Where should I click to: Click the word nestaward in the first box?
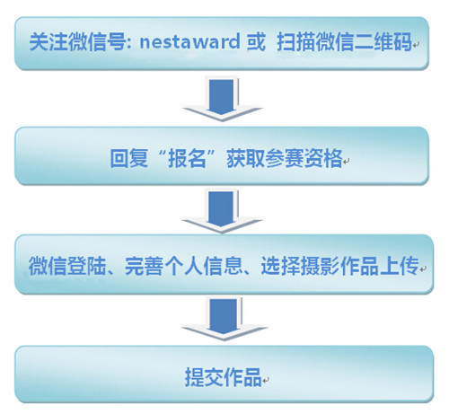point(189,41)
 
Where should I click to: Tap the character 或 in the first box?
point(256,41)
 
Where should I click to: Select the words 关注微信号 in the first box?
point(77,41)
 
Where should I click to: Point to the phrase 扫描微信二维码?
point(344,41)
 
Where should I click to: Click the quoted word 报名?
point(187,158)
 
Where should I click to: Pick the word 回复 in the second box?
point(129,158)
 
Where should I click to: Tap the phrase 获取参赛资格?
point(285,158)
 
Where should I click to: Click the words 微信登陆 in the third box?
point(67,266)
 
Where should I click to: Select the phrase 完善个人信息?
point(183,266)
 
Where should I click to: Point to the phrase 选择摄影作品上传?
point(339,266)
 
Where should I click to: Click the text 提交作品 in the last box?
point(224,377)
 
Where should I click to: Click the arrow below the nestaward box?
point(222,100)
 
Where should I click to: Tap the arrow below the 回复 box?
point(222,211)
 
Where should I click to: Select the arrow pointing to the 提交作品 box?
point(224,320)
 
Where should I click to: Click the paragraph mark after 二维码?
point(416,45)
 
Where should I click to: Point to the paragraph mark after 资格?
point(346,162)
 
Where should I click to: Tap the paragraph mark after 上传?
point(423,269)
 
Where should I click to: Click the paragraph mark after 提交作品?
point(266,381)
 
